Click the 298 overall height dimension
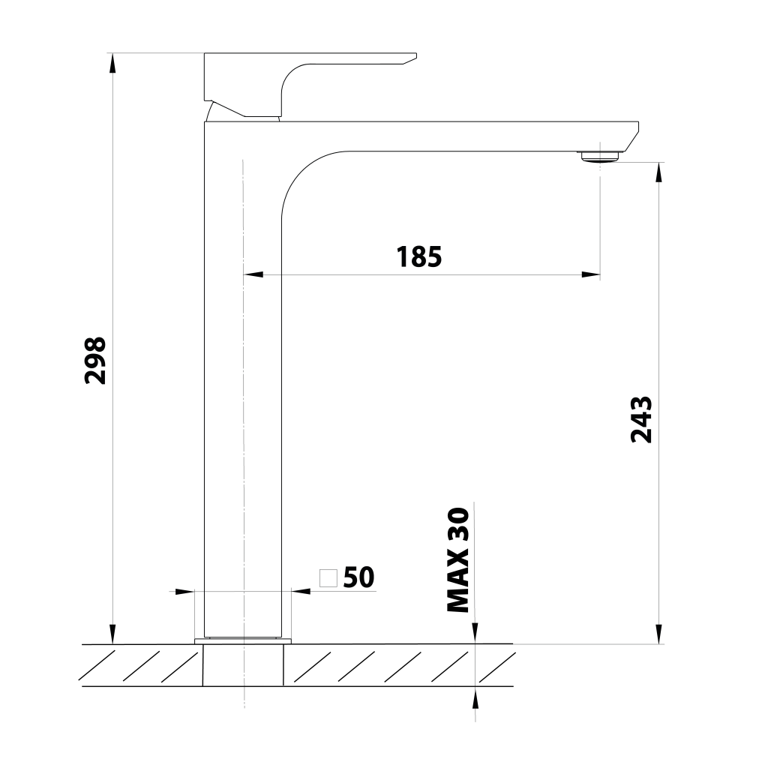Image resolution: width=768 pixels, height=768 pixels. tap(95, 360)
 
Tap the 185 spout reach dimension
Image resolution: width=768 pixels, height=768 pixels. tap(418, 256)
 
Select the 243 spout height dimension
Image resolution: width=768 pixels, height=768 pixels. tap(641, 419)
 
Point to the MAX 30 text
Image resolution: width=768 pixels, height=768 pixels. tap(458, 559)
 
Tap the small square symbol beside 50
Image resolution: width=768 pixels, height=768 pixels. tap(328, 578)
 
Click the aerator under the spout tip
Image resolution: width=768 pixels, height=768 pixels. tap(600, 156)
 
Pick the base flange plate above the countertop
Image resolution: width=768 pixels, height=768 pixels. tap(243, 641)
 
